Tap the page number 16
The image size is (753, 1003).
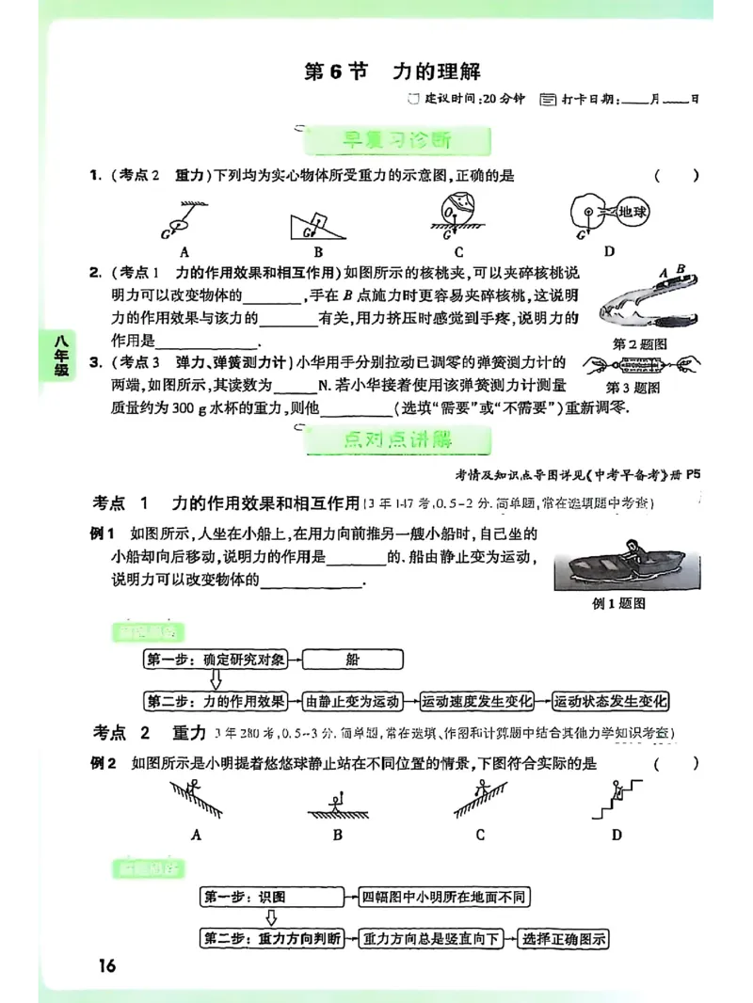point(104,965)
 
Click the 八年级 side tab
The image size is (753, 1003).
point(61,357)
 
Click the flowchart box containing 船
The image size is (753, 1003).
point(352,660)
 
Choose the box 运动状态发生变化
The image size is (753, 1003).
point(610,701)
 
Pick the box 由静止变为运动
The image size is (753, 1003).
point(352,701)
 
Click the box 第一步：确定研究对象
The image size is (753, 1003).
point(215,660)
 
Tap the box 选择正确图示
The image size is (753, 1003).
point(564,938)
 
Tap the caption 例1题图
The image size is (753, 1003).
point(618,604)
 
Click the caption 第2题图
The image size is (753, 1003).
point(639,344)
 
